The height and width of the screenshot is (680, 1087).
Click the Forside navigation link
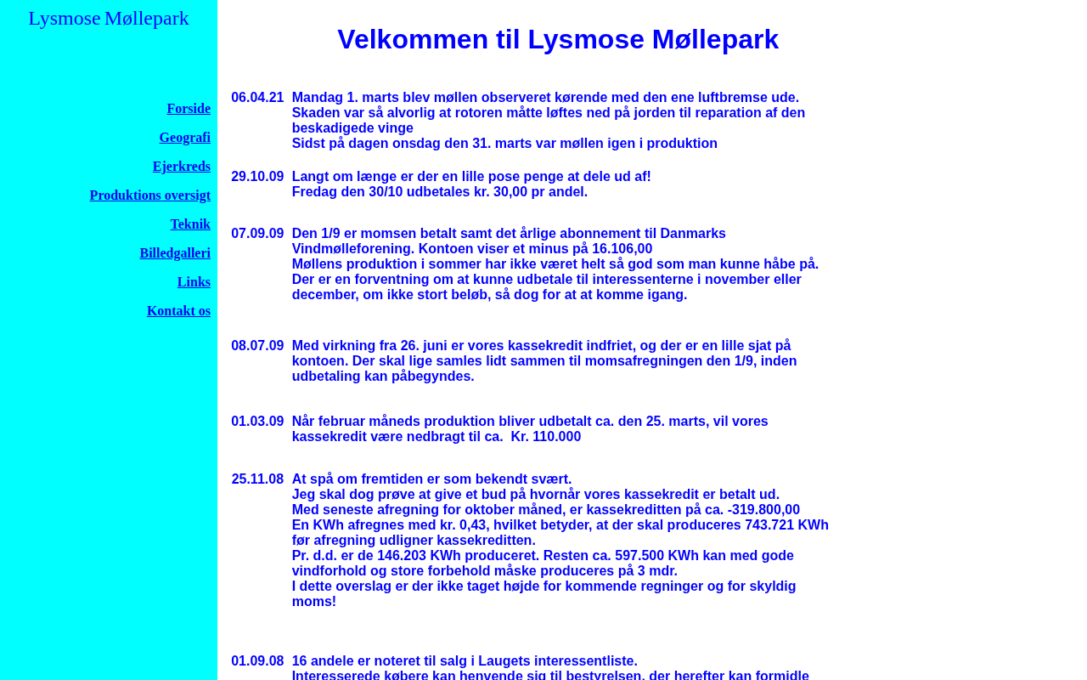coord(189,109)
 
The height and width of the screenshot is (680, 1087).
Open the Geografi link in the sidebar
coord(185,138)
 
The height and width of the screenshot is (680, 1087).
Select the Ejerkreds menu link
coord(182,167)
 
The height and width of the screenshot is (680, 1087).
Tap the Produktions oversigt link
coord(150,195)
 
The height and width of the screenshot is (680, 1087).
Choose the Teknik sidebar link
coord(190,224)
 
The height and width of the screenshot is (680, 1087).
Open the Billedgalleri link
coord(175,253)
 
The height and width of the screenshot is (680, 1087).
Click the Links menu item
coord(194,282)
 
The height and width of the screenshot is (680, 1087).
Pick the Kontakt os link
coord(178,311)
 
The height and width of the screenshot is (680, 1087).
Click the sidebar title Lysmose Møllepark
coord(109,18)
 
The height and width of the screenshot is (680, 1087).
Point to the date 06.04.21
coord(257,98)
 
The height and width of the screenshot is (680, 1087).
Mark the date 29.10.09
coord(257,177)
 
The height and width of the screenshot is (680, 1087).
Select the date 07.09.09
coord(257,234)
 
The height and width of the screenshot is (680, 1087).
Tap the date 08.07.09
coord(257,346)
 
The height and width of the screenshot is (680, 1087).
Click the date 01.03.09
coord(257,422)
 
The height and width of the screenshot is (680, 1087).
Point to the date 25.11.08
coord(257,479)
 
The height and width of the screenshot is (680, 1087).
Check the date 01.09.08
coord(257,661)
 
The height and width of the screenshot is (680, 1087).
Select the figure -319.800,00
coord(763,510)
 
